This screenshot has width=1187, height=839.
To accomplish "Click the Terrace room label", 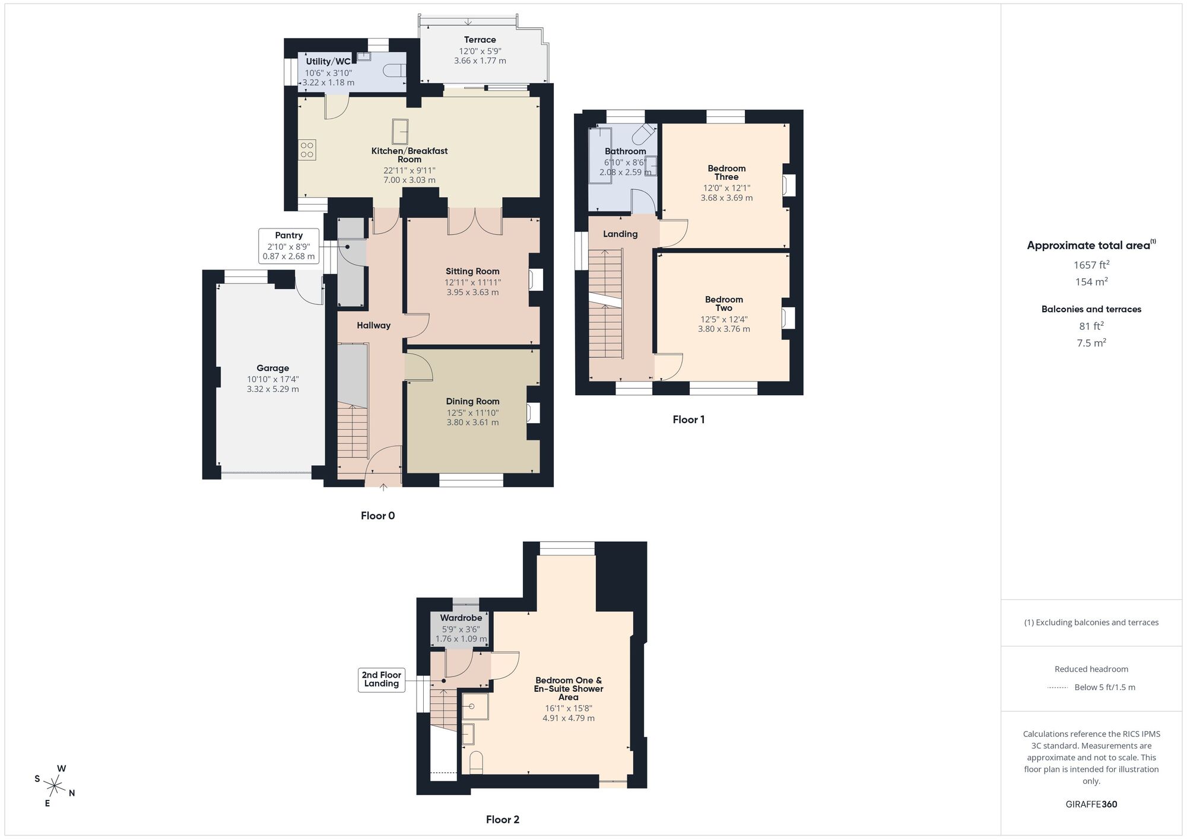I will tap(480, 40).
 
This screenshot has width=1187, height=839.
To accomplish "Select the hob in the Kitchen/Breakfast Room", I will tap(307, 150).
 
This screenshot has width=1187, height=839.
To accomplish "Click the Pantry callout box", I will tap(289, 246).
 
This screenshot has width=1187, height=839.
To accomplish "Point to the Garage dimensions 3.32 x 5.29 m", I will tap(272, 389).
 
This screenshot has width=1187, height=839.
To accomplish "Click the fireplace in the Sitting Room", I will tap(537, 280).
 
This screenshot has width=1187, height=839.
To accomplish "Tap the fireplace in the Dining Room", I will tap(534, 412).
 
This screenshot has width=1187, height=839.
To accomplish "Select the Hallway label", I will tap(373, 325).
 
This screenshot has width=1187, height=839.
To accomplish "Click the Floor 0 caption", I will tap(377, 516).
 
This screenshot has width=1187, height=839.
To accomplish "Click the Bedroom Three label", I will tap(726, 173).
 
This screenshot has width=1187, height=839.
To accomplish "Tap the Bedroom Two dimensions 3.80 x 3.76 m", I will tap(723, 329).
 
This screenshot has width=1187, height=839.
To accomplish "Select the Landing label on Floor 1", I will tap(620, 234).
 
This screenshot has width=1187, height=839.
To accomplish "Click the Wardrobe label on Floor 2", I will tap(461, 618).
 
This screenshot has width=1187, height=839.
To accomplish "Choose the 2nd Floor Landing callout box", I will tap(382, 679).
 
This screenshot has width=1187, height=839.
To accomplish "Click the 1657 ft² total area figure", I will tap(1091, 265).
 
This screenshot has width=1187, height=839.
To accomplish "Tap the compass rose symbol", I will tap(55, 787).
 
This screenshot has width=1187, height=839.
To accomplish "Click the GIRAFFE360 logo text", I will tap(1091, 805).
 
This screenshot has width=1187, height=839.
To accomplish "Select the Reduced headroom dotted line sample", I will tap(1058, 688).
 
